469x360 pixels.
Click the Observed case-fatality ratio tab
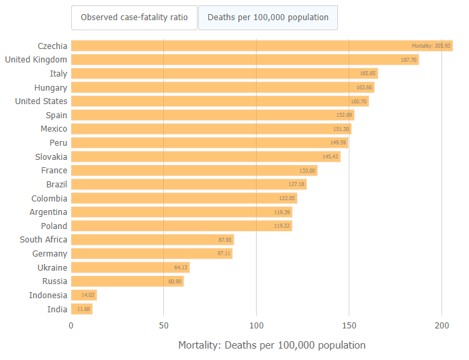pos(134,17)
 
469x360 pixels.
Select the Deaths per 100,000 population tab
pos(267,17)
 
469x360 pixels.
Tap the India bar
pos(81,309)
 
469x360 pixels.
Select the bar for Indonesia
pos(84,295)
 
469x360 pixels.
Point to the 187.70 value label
pos(409,60)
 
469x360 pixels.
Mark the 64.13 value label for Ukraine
pos(181,267)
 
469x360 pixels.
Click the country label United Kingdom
pos(36,59)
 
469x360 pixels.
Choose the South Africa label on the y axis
pos(43,239)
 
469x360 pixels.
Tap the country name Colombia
pos(49,198)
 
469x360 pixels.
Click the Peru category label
pos(58,142)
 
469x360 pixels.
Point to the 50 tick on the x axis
pos(163,325)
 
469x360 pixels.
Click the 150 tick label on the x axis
pos(349,325)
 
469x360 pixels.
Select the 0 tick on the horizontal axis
pos(71,325)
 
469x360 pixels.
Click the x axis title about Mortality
pos(271,345)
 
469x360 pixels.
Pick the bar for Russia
pos(127,281)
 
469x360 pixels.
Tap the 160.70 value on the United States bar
pos(359,101)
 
